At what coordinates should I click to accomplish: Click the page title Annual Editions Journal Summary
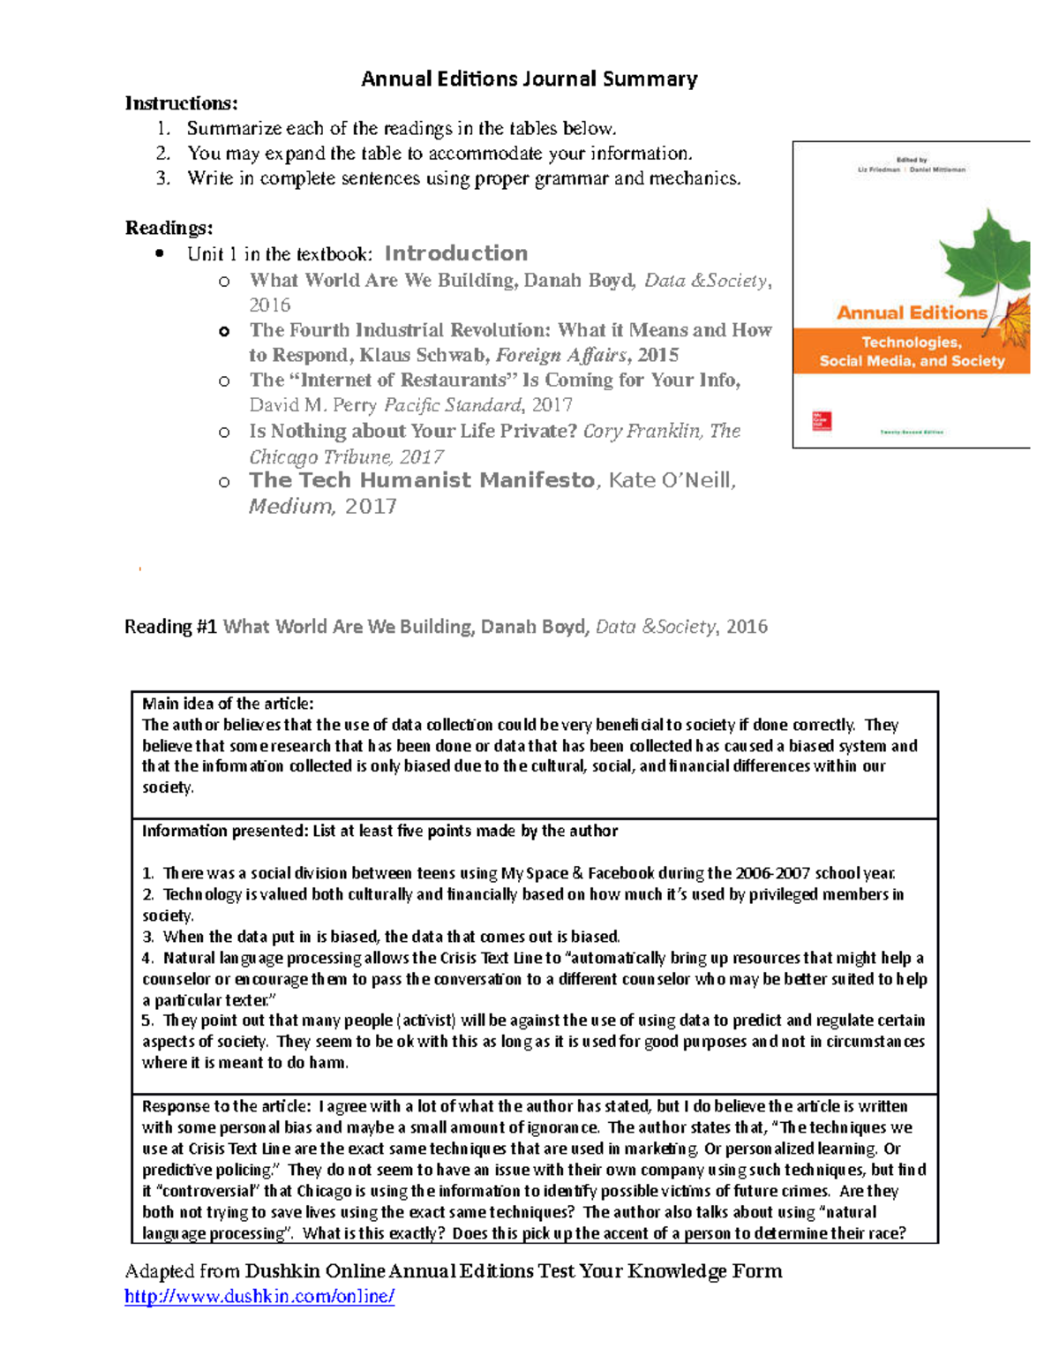pyautogui.click(x=529, y=79)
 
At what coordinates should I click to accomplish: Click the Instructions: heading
pyautogui.click(x=181, y=103)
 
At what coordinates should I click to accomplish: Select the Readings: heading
pyautogui.click(x=169, y=228)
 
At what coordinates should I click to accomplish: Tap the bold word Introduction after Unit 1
pyautogui.click(x=455, y=253)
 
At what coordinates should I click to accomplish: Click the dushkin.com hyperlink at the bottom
pyautogui.click(x=259, y=1296)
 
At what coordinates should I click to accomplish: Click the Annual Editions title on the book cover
pyautogui.click(x=912, y=313)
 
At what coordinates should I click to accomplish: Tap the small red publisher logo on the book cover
pyautogui.click(x=821, y=421)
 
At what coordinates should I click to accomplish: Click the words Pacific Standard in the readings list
pyautogui.click(x=453, y=405)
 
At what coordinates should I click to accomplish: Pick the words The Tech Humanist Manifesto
pyautogui.click(x=422, y=480)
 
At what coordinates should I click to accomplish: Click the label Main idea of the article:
pyautogui.click(x=228, y=704)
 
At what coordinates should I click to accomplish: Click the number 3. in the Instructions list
pyautogui.click(x=162, y=178)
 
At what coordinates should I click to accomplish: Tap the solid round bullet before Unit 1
pyautogui.click(x=160, y=254)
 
